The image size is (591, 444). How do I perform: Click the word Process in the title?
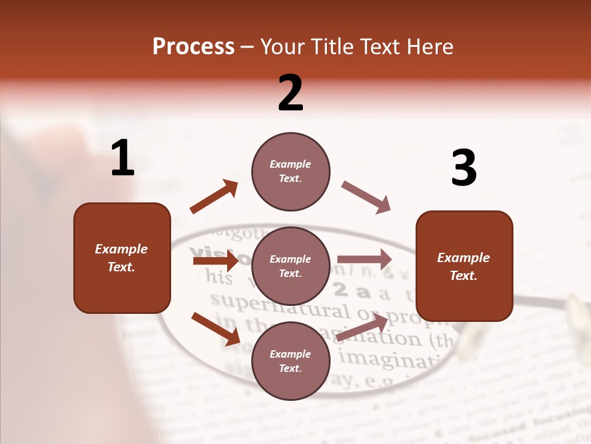point(193,47)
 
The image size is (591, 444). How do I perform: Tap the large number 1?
point(123,158)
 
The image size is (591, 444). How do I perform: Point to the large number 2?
point(291,93)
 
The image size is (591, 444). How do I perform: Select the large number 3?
point(464,169)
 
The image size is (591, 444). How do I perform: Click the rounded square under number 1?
point(122,258)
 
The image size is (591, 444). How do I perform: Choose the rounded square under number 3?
point(464,266)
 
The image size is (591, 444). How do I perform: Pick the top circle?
point(291,171)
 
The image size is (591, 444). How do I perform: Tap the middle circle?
point(291,266)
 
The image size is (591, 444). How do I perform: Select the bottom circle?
point(291,361)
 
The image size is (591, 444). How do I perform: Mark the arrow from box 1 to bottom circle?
point(215,328)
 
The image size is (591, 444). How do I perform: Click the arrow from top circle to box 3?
point(366,197)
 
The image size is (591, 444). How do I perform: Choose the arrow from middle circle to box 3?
point(364,259)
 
